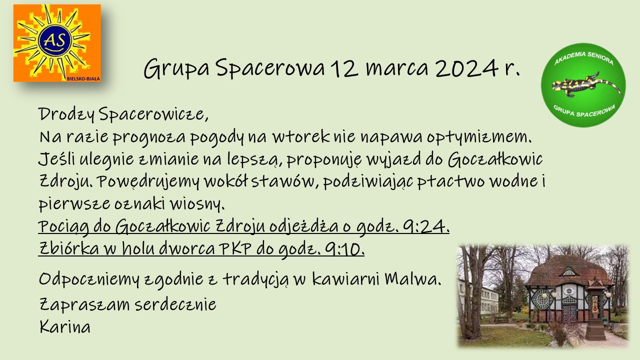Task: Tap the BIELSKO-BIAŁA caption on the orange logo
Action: click(83, 78)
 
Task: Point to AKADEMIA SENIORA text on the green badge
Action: click(583, 58)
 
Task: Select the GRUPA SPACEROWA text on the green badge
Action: click(584, 111)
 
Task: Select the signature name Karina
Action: click(65, 326)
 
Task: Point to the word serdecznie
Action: click(175, 304)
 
